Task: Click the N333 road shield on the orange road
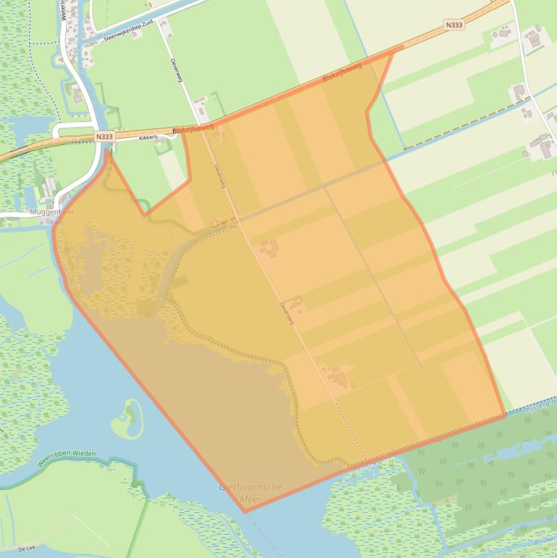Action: (x=454, y=25)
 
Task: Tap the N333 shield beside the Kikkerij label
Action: (x=104, y=136)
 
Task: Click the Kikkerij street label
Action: (x=148, y=136)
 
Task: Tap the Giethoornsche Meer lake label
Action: (x=251, y=492)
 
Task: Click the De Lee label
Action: (x=27, y=549)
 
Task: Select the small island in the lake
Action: (x=127, y=418)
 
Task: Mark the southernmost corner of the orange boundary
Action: (x=245, y=512)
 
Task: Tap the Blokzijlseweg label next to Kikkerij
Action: (x=193, y=128)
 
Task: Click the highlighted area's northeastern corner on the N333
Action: (x=394, y=49)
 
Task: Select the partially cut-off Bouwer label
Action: (x=544, y=542)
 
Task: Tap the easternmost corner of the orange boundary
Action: (x=504, y=416)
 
